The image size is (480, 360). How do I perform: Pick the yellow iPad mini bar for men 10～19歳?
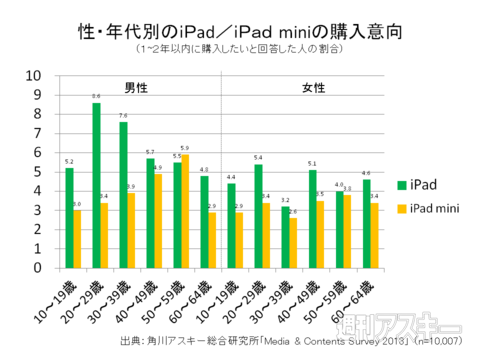tap(76, 239)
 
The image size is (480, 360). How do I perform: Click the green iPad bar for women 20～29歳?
tap(258, 216)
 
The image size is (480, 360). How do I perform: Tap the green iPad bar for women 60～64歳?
tap(366, 224)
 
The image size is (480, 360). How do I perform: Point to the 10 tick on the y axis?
tap(33, 75)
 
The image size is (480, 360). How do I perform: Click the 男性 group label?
tap(135, 88)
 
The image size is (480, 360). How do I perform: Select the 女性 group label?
tap(313, 88)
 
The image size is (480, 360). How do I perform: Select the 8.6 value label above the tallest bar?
tap(96, 96)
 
